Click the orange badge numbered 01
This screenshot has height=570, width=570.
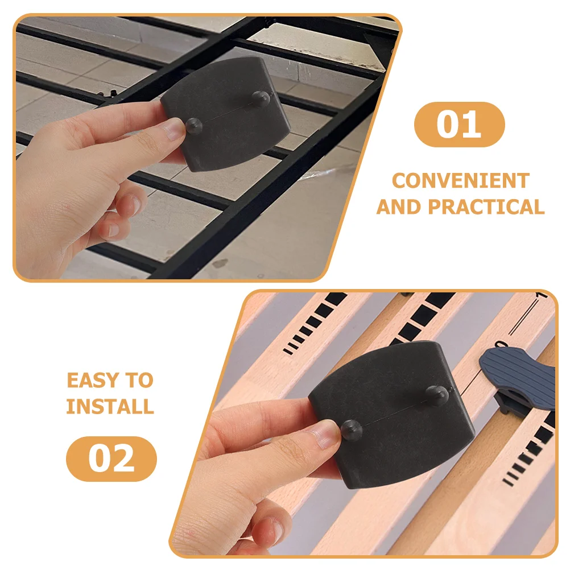pyautogui.click(x=459, y=125)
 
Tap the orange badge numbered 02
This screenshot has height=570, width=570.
pyautogui.click(x=111, y=459)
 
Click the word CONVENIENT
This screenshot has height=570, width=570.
pyautogui.click(x=460, y=181)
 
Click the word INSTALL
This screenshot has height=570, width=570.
pyautogui.click(x=110, y=406)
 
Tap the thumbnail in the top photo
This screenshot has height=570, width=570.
pyautogui.click(x=174, y=130)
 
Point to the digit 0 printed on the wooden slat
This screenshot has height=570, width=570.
pyautogui.click(x=501, y=345)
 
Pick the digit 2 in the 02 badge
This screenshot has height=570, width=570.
pyautogui.click(x=124, y=459)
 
